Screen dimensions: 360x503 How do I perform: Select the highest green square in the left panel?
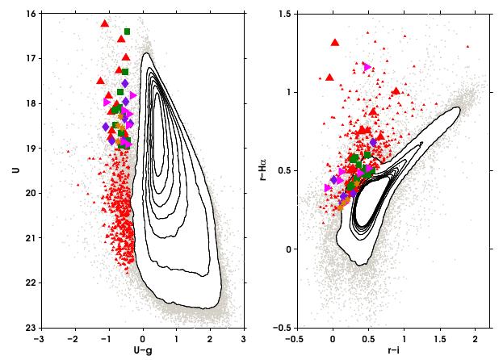[128, 31]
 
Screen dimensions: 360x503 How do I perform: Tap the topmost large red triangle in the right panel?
[335, 43]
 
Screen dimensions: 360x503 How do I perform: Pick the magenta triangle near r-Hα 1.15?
[367, 67]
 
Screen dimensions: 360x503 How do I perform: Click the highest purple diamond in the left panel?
[125, 83]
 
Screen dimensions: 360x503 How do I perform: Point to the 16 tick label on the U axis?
[27, 14]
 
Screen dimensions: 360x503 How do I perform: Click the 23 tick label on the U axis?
[27, 328]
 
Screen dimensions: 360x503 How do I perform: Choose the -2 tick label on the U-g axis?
[73, 337]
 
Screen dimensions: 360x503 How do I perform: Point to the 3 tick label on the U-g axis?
[244, 337]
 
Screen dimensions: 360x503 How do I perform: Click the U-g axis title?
[143, 351]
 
